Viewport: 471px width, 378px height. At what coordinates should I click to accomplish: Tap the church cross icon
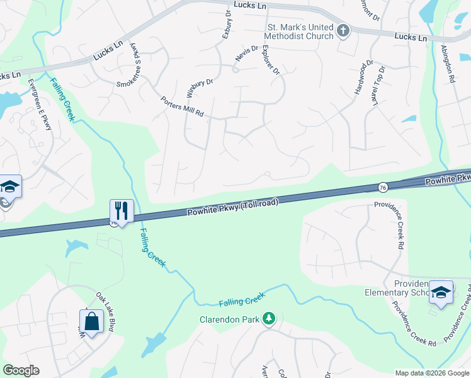click(343, 31)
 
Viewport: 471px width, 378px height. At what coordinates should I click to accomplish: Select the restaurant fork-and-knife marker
click(121, 210)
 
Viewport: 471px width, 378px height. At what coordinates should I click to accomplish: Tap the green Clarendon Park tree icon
click(269, 318)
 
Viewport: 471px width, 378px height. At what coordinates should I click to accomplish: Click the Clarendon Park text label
click(229, 319)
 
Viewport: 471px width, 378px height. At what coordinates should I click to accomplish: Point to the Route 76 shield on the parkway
click(383, 187)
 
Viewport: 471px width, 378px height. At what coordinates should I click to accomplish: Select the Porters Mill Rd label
click(182, 106)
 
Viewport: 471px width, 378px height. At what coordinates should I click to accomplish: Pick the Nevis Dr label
click(247, 53)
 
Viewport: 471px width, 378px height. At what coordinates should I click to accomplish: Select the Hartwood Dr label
click(363, 74)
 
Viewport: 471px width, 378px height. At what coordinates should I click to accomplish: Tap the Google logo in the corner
click(21, 370)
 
